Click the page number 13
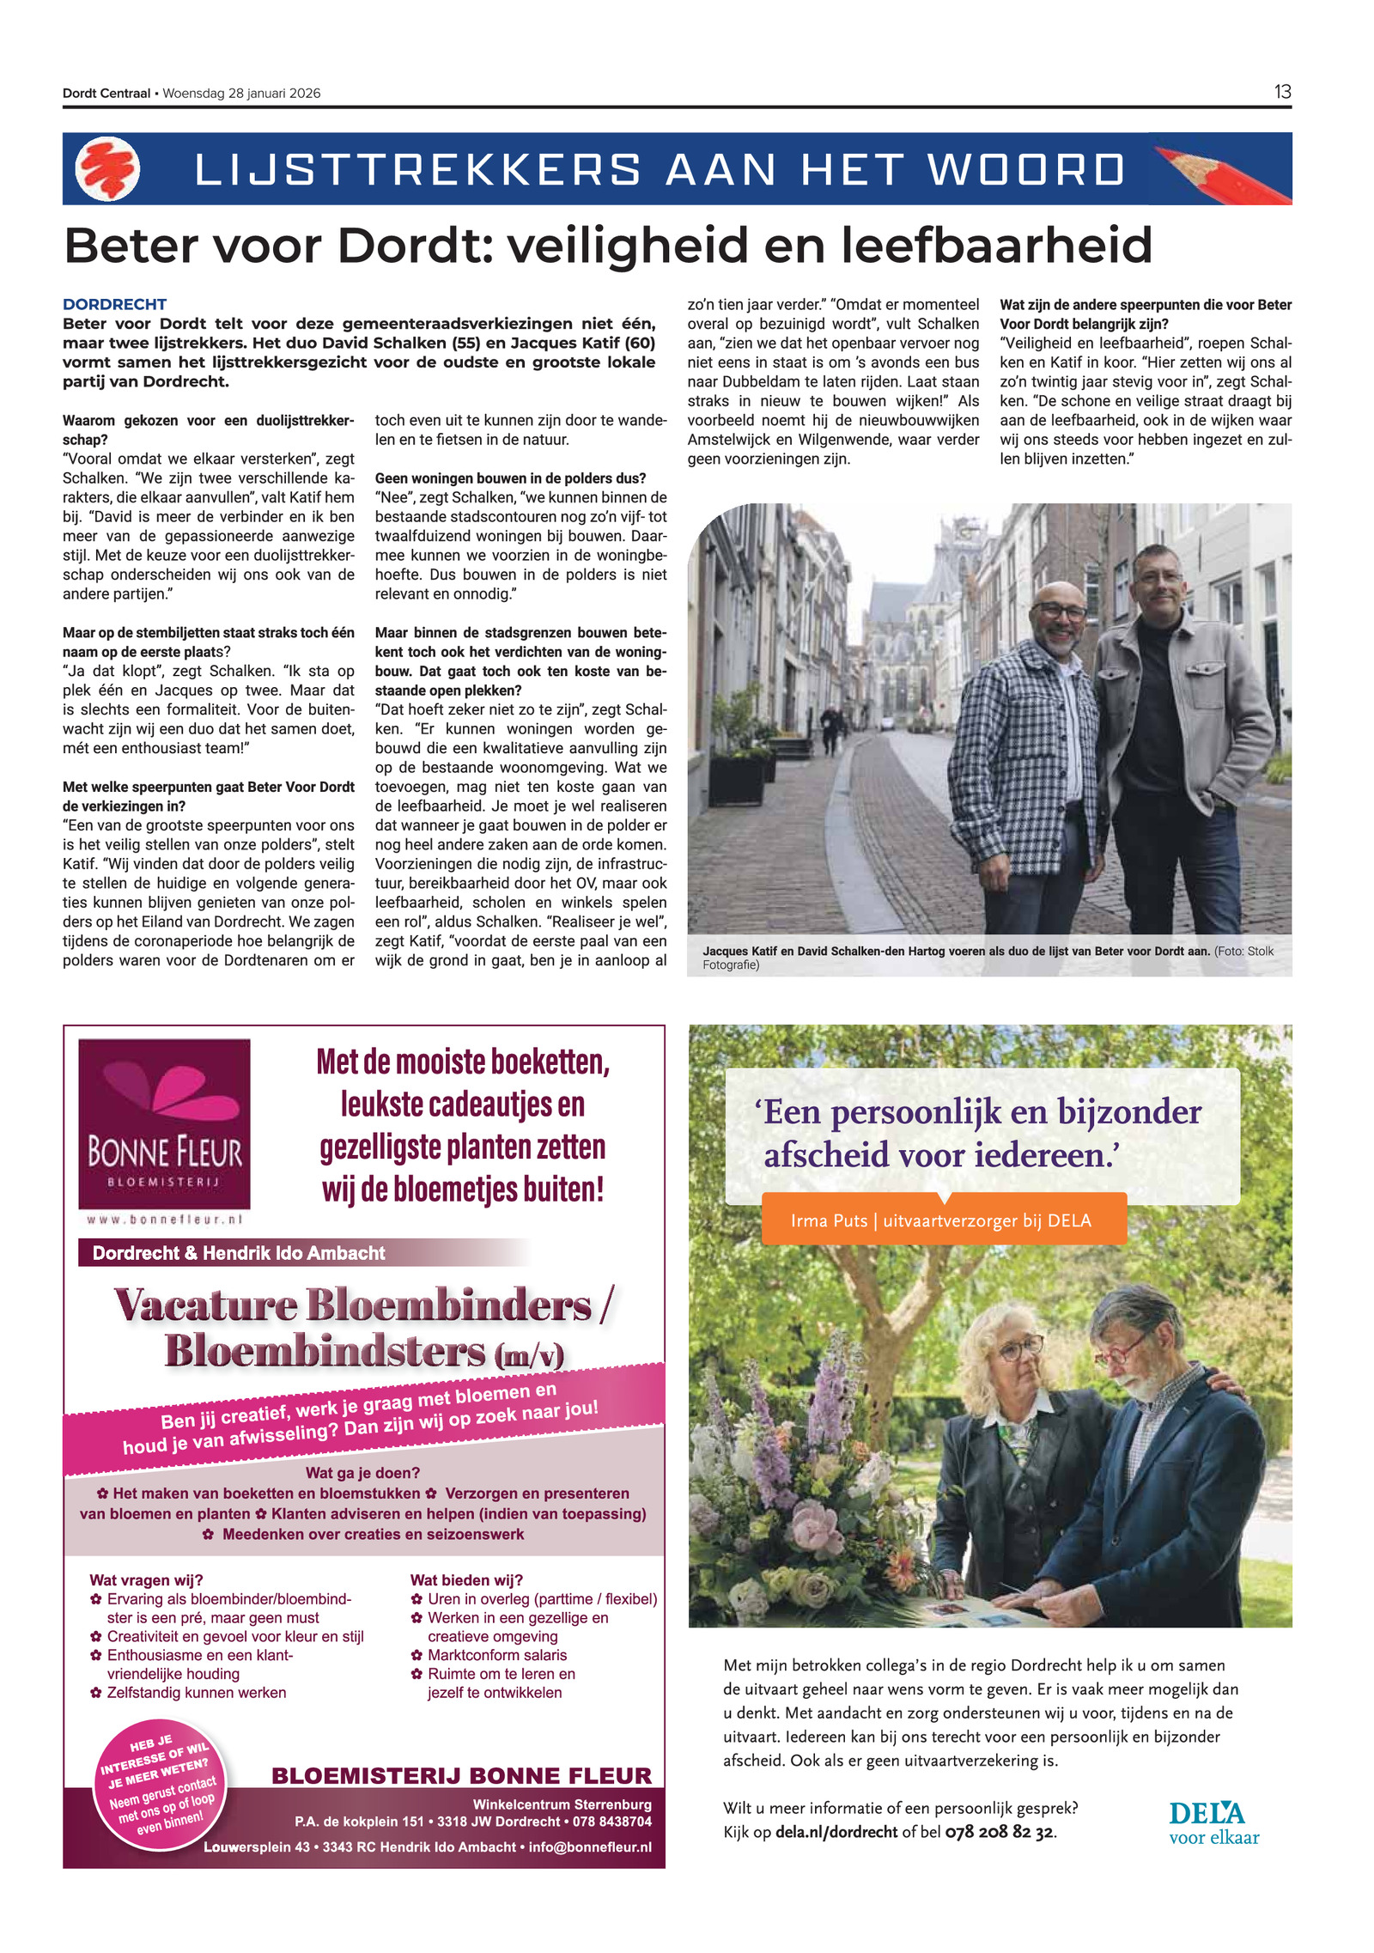pyautogui.click(x=1282, y=92)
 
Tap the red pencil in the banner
pyautogui.click(x=1219, y=172)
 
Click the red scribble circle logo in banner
pyautogui.click(x=108, y=169)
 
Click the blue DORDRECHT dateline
pyautogui.click(x=114, y=304)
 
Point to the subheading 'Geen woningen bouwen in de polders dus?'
pyautogui.click(x=510, y=478)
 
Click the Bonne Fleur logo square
pyautogui.click(x=164, y=1123)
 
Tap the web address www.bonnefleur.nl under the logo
pyautogui.click(x=164, y=1219)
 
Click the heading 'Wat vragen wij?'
pyautogui.click(x=146, y=1580)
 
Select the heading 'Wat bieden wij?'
pyautogui.click(x=466, y=1580)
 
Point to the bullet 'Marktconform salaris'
pyautogui.click(x=496, y=1655)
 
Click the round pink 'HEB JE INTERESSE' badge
pyautogui.click(x=161, y=1784)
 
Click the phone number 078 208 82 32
pyautogui.click(x=999, y=1832)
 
